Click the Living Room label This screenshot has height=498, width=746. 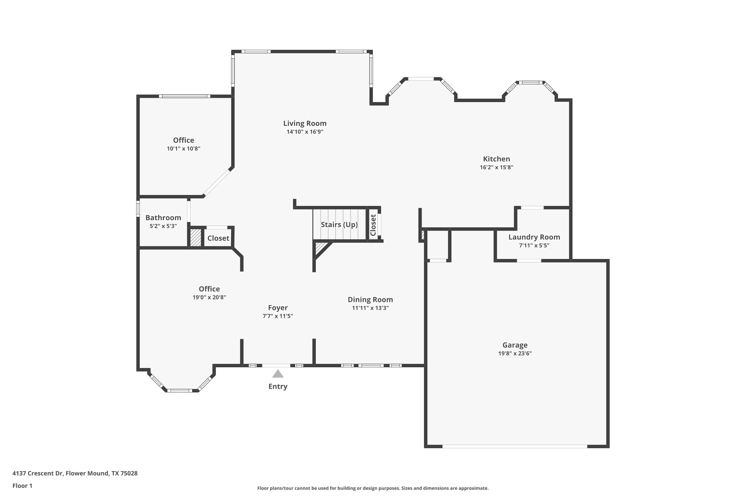click(305, 124)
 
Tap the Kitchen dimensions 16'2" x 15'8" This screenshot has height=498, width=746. click(496, 167)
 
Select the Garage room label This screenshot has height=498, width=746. click(515, 345)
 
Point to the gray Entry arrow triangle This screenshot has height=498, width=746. click(278, 373)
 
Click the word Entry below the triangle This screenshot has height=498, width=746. click(278, 386)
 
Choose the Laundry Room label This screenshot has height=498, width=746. click(534, 237)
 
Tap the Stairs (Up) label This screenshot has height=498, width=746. click(339, 225)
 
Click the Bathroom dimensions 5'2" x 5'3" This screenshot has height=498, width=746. click(163, 226)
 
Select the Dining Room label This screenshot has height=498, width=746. click(370, 300)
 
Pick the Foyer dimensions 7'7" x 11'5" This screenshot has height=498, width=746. click(278, 316)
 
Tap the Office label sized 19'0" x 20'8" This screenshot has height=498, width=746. click(209, 289)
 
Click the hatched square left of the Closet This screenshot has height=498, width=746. click(195, 238)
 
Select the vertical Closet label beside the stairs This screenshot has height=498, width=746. click(373, 225)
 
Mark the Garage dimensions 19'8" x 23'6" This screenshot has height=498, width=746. click(515, 354)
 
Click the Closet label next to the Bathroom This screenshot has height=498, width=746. click(218, 238)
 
